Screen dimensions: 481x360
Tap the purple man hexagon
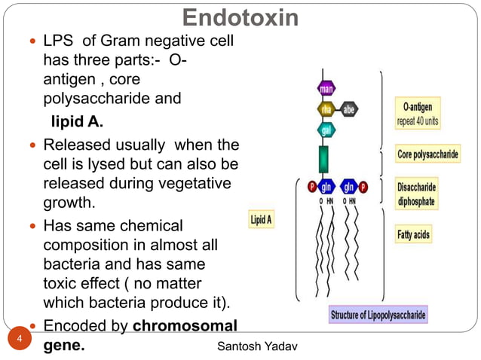326,89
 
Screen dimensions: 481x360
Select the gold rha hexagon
326,109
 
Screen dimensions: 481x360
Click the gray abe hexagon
349,109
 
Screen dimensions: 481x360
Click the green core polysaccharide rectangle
325,160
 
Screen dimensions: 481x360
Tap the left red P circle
311,187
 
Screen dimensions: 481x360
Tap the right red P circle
363,187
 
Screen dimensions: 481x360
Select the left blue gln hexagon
327,187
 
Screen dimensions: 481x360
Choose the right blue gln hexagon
348,187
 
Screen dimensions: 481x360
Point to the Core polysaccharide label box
427,155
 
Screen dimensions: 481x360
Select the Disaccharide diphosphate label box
417,194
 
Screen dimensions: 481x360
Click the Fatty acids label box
414,235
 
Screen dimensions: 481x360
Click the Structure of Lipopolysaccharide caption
378,315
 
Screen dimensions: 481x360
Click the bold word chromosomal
185,326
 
